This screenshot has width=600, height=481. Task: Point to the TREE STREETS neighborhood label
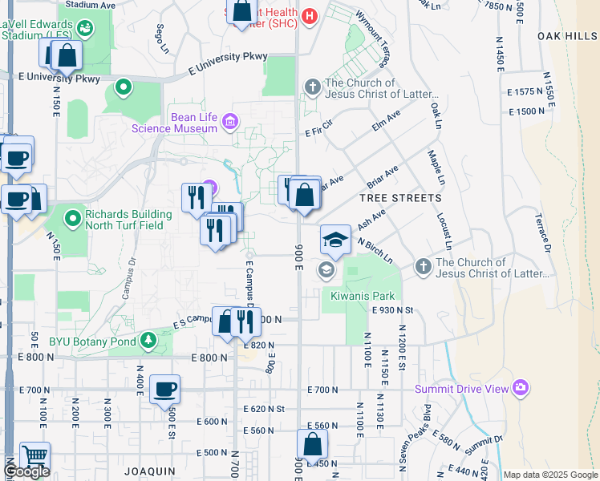coord(400,197)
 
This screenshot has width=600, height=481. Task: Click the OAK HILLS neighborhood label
coord(568,36)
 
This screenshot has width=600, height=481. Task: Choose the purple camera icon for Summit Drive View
coord(521,389)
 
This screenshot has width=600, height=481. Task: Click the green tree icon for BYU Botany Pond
coord(148,341)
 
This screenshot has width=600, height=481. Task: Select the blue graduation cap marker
coord(335,240)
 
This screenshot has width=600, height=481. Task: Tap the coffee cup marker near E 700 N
coord(165,389)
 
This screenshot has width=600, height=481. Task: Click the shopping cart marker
coord(34,456)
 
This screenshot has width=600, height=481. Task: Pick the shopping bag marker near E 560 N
coord(312,444)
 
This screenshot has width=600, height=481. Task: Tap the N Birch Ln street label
coord(375,249)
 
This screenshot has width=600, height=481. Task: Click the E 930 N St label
coord(391,309)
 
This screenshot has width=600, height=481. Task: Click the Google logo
coord(26,471)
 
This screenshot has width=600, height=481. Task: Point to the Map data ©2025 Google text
coord(550,475)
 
